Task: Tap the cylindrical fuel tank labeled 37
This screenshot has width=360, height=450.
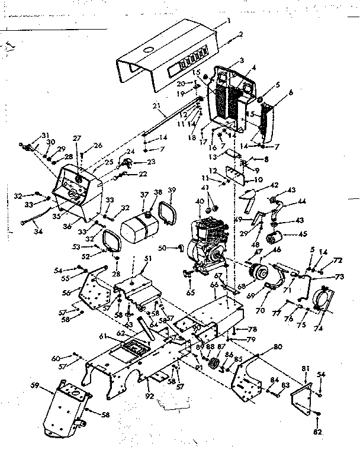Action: [x=137, y=225]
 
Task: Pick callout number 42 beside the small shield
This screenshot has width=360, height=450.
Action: [x=273, y=185]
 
